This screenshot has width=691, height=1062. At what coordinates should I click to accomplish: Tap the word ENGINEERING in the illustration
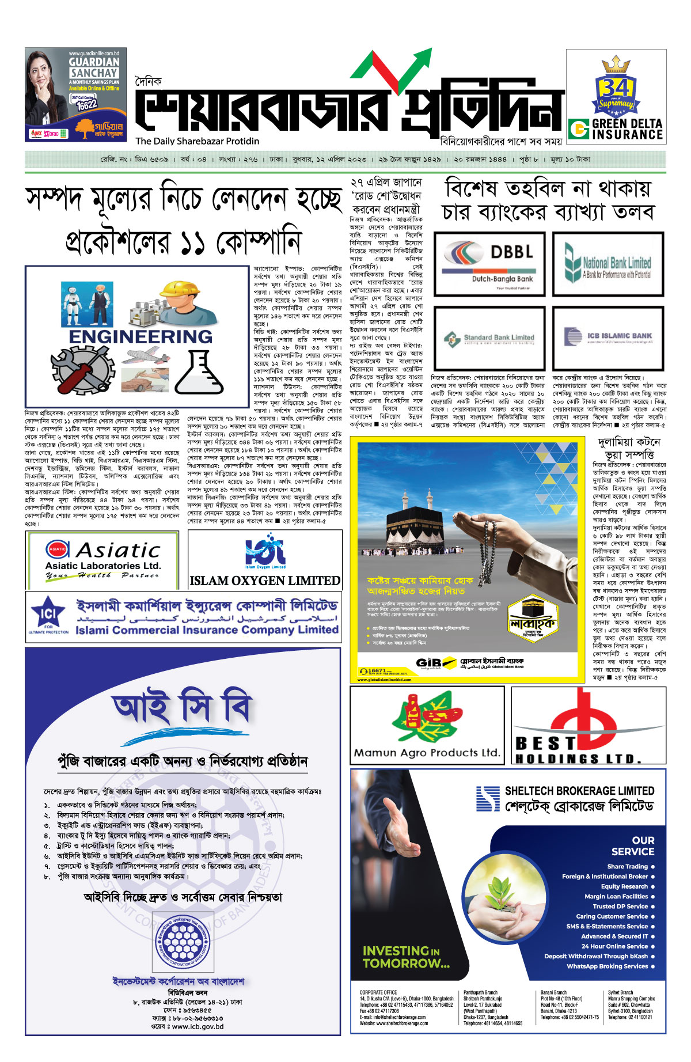[141, 336]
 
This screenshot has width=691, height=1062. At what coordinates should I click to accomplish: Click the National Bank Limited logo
[608, 264]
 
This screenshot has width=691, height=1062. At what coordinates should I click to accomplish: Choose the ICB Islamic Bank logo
[608, 337]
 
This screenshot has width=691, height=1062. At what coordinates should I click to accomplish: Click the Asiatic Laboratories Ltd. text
[103, 566]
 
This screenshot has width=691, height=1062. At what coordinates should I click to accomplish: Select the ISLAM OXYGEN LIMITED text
[265, 581]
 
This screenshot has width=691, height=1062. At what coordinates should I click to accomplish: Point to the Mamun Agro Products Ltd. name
[427, 753]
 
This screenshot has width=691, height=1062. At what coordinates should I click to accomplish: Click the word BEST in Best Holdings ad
[545, 743]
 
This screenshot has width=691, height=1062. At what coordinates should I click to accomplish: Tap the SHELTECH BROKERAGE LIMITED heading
[579, 791]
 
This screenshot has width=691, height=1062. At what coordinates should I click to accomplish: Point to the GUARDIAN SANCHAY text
[94, 67]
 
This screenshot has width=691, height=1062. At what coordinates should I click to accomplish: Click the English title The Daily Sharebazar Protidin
[198, 141]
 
